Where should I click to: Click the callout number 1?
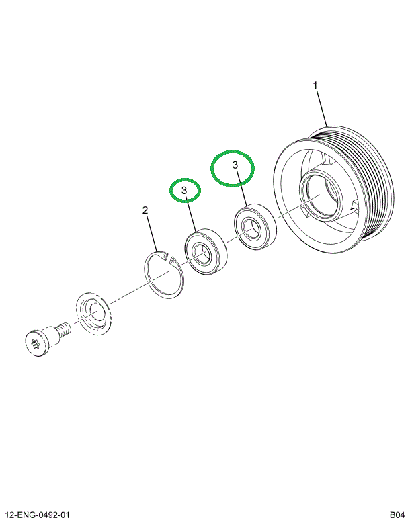coord(315,85)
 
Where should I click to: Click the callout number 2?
coord(145,211)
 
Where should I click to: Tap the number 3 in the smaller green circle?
coord(185,191)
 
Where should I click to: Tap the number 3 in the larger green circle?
coord(235,165)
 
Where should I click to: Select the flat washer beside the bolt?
coord(93,313)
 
